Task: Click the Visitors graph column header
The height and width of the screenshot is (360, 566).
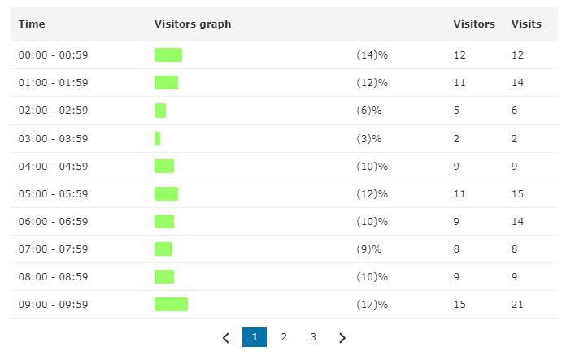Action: tap(193, 24)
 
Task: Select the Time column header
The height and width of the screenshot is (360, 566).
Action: tap(32, 24)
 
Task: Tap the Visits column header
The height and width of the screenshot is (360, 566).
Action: tap(526, 24)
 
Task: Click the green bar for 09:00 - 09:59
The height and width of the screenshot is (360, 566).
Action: tap(171, 305)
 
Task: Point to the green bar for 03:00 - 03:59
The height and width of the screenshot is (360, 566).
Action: tap(157, 138)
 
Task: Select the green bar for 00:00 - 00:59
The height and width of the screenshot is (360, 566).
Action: tap(168, 55)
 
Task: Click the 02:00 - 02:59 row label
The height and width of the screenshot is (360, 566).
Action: tap(53, 111)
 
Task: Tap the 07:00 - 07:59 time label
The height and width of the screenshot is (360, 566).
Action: tap(53, 249)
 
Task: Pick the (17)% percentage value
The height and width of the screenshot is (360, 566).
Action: tap(372, 305)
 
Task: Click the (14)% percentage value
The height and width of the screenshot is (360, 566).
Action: tap(372, 55)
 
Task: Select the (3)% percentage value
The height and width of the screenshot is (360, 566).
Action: tap(368, 138)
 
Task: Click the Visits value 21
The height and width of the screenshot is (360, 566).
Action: tap(517, 305)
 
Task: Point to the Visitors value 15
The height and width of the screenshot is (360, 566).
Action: tap(459, 305)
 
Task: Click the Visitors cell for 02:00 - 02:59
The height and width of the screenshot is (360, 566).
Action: tap(456, 111)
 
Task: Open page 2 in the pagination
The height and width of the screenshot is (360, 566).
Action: tap(284, 337)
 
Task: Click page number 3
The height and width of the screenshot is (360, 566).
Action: tap(312, 337)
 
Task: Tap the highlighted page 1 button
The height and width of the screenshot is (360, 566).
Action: tap(255, 337)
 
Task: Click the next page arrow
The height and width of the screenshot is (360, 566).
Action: tap(342, 338)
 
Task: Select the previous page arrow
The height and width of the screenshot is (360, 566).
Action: tap(226, 338)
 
